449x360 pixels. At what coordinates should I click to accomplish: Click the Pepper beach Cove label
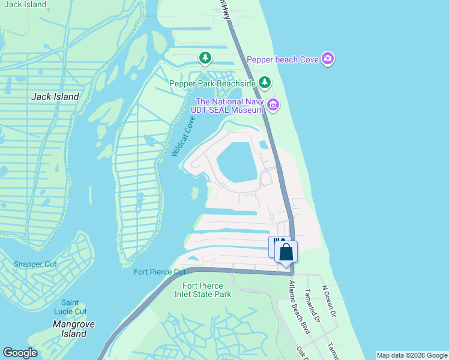pyautogui.click(x=283, y=59)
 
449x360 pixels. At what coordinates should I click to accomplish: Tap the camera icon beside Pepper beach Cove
pyautogui.click(x=328, y=59)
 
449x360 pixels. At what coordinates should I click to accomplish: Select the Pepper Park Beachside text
pyautogui.click(x=212, y=83)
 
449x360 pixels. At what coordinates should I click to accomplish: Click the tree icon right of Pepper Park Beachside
pyautogui.click(x=265, y=82)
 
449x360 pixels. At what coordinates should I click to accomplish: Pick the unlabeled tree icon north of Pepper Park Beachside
pyautogui.click(x=205, y=58)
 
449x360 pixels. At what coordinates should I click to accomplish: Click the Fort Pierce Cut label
pyautogui.click(x=160, y=272)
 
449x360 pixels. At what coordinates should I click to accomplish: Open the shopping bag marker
pyautogui.click(x=286, y=252)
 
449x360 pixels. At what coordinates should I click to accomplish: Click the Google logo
pyautogui.click(x=20, y=353)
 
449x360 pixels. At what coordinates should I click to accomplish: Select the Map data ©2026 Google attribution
pyautogui.click(x=411, y=355)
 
